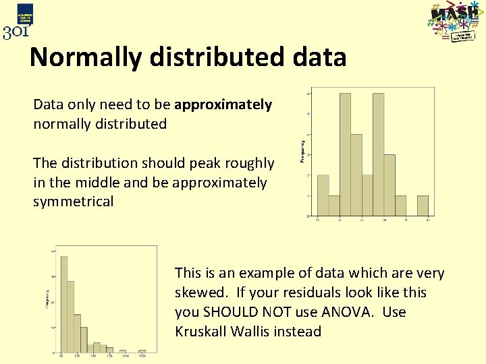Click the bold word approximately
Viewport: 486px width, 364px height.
point(223,104)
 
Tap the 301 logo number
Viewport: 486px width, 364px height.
point(16,32)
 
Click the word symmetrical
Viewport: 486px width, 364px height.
point(73,202)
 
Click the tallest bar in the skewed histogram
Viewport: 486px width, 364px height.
point(64,304)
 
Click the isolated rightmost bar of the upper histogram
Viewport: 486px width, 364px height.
point(423,206)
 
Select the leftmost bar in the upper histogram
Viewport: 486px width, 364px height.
point(323,195)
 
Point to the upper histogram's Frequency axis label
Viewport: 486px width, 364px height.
point(301,151)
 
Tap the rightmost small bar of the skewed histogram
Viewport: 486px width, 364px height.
point(142,351)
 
